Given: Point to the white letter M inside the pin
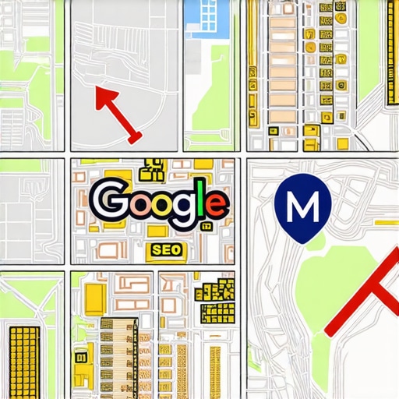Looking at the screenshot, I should click(302, 205).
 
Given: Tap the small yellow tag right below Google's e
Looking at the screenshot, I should click(206, 227).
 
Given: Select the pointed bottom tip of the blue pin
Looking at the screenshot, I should click(300, 238).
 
